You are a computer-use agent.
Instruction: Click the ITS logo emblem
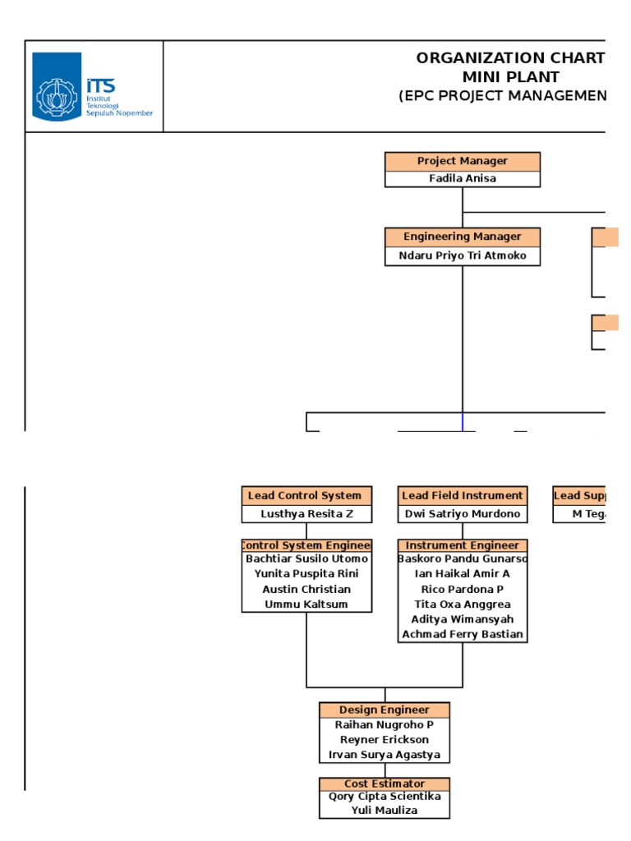coord(57,85)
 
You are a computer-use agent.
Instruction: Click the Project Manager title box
coord(463,161)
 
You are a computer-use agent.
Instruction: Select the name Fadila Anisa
coord(463,178)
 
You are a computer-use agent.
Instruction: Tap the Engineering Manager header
coord(463,237)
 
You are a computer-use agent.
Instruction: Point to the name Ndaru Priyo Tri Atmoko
coord(463,255)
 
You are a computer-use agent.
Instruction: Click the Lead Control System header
coord(306,495)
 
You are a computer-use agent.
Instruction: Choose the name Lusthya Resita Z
coord(306,514)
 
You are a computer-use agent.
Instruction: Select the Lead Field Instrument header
coord(463,495)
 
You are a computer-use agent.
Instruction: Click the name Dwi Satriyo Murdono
coord(463,514)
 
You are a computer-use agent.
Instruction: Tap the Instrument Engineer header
coord(463,545)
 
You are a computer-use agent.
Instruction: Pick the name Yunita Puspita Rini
coord(306,574)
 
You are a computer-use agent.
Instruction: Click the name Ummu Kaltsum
coord(306,604)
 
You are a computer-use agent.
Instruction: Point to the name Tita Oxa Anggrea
coord(463,604)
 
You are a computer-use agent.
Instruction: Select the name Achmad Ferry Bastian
coord(463,635)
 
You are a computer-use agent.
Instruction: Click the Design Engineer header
coord(385,710)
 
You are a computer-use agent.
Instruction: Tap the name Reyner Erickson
coord(385,740)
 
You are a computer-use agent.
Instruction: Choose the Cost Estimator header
coord(385,784)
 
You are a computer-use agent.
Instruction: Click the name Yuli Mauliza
coord(385,811)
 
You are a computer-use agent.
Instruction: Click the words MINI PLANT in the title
coord(510,77)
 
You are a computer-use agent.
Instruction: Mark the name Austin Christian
coord(306,590)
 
